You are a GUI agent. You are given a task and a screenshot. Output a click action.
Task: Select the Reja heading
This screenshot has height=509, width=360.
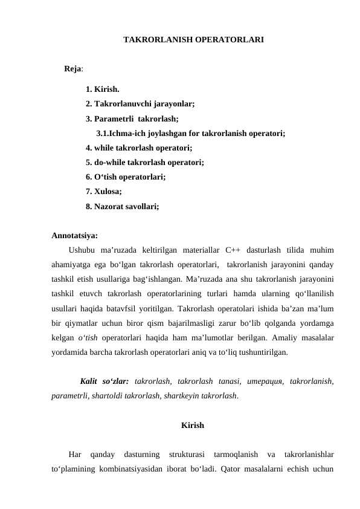point(73,69)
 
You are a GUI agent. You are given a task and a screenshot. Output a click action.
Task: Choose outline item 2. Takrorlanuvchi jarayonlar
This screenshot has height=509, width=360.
point(140,104)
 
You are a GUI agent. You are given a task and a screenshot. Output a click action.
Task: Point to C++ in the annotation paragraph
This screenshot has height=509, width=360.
point(233,250)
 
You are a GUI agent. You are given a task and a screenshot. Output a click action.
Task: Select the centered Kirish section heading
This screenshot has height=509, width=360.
point(192,426)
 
